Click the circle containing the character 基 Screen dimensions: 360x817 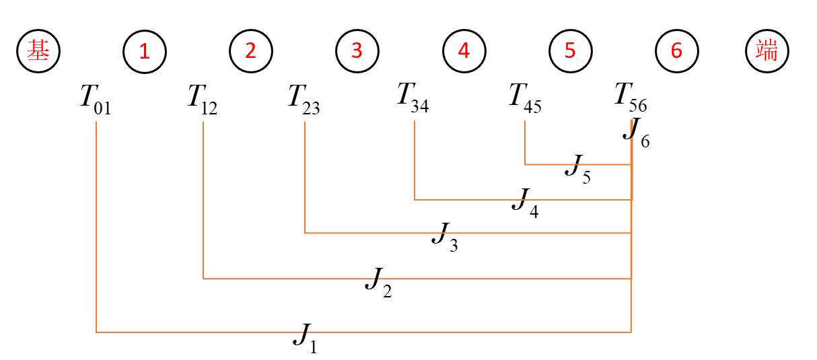[38, 51]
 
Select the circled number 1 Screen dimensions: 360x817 [144, 51]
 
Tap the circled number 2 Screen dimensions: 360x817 [250, 51]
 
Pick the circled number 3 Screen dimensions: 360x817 [357, 51]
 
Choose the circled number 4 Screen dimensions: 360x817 [463, 51]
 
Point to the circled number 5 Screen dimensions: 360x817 [570, 51]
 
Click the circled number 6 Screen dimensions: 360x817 [676, 51]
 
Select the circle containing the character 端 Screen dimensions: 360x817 [767, 51]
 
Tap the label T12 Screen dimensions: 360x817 [202, 100]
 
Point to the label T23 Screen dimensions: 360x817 [304, 100]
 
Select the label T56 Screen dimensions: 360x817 [631, 97]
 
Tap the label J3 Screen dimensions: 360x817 [445, 237]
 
